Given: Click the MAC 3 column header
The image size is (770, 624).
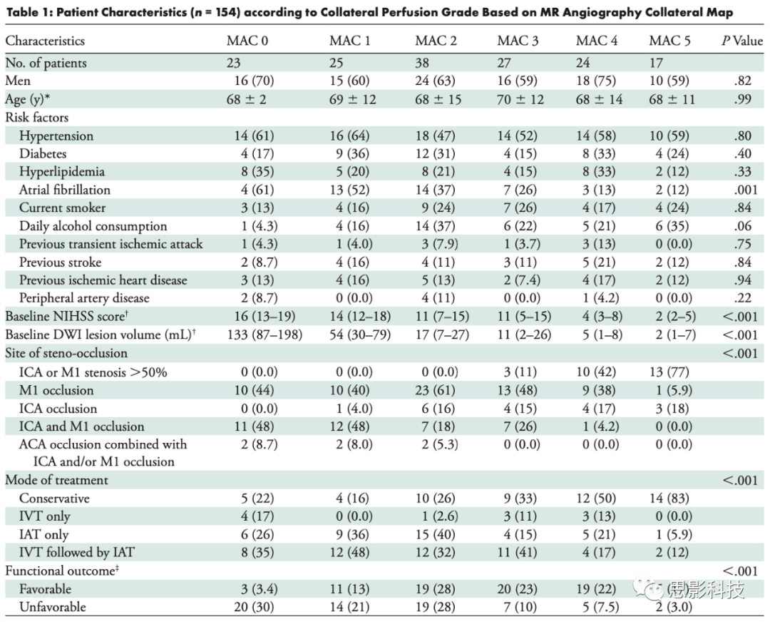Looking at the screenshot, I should (x=518, y=41).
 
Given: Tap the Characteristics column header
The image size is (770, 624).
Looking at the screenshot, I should (x=45, y=41).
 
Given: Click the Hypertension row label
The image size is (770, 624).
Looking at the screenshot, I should (x=56, y=135).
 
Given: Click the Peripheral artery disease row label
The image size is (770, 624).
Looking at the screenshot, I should (x=83, y=298).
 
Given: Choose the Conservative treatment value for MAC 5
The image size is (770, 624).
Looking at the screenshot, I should (x=669, y=498).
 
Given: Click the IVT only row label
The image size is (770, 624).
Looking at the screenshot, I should (x=44, y=516).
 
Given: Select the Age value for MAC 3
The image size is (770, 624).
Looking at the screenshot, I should (x=523, y=99).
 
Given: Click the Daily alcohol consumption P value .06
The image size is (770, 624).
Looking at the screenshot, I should (x=747, y=226).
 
